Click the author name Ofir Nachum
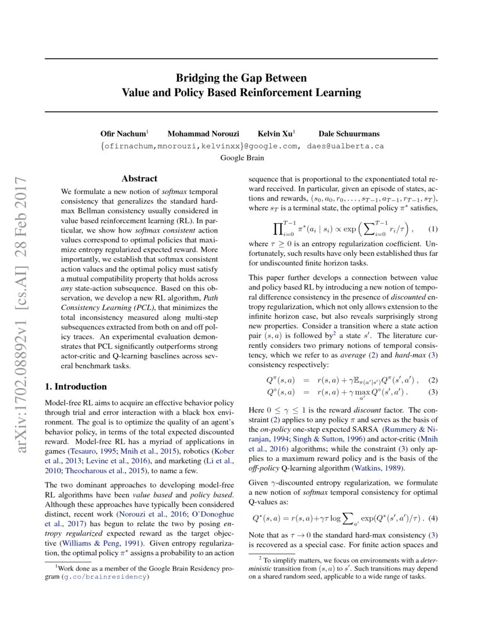click(123, 134)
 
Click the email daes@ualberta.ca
click(343, 146)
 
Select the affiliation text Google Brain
click(242, 157)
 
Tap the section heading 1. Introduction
click(76, 386)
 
